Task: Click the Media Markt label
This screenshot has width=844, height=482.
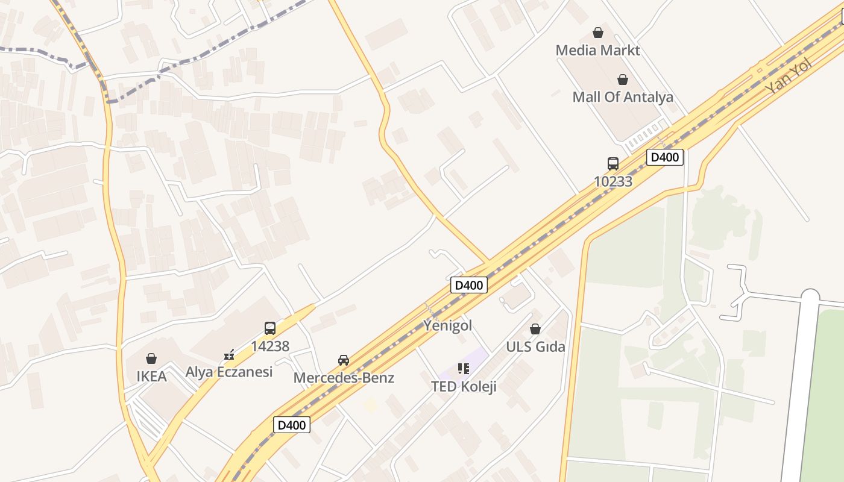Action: pos(597,50)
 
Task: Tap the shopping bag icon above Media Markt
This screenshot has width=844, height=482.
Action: pos(598,33)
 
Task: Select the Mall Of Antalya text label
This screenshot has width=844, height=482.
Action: pos(623,97)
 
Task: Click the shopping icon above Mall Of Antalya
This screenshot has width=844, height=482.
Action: pos(623,80)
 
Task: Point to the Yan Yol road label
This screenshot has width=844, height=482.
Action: pos(789,77)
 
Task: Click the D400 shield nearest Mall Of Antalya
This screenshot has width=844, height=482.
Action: pos(665,158)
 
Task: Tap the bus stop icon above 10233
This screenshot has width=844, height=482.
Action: pos(613,163)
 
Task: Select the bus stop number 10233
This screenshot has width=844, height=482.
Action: pos(613,181)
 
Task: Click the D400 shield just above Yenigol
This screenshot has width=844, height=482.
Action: pos(468,285)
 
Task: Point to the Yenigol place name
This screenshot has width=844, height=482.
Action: pos(447,325)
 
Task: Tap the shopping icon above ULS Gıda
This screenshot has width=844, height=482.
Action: pos(535,329)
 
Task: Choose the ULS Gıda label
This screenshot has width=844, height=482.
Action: pos(535,346)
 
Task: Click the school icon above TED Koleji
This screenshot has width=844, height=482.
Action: pos(463,368)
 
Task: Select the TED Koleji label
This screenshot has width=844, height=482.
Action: pos(464,386)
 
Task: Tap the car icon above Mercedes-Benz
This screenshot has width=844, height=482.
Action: pos(344,360)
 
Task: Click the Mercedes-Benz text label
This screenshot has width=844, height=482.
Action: pos(344,378)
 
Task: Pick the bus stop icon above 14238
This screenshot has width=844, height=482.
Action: pos(270,328)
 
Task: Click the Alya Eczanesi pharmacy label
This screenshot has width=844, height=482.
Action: pos(229,372)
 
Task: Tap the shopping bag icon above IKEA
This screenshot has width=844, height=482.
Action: pos(151,358)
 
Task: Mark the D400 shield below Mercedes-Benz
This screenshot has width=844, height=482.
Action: pos(292,425)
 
